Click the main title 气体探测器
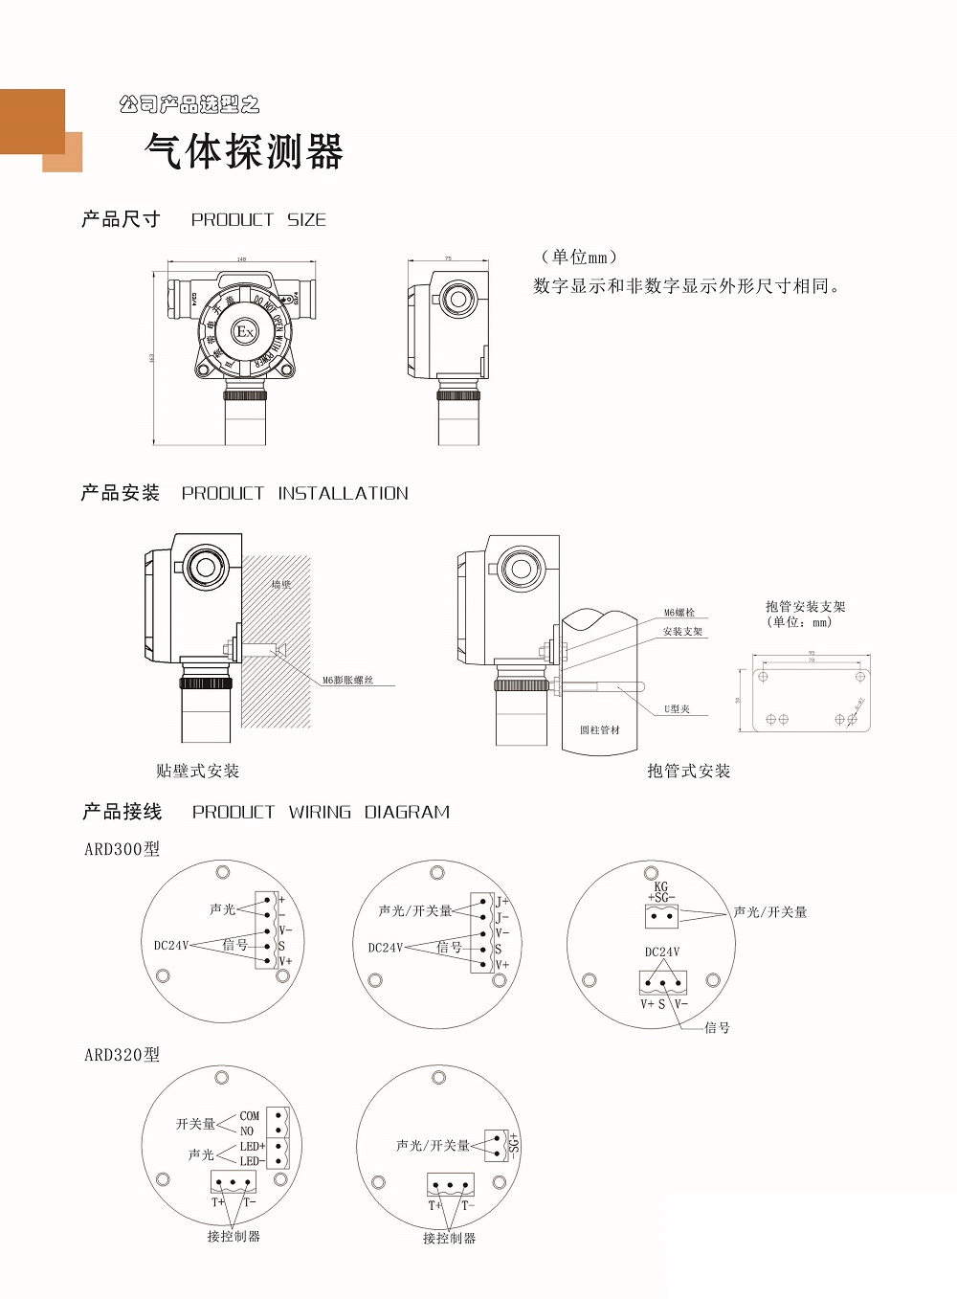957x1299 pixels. [x=244, y=151]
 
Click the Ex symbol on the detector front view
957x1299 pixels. [x=245, y=332]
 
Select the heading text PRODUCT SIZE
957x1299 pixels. [x=258, y=219]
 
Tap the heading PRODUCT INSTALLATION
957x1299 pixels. [x=295, y=493]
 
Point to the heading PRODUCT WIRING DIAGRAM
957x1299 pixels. [x=321, y=812]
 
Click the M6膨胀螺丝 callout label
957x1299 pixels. [x=347, y=680]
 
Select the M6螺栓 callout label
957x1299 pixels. [x=679, y=613]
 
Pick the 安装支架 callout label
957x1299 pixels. [x=682, y=632]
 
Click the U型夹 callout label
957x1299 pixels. [x=677, y=709]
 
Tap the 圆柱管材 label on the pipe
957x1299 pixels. [x=600, y=729]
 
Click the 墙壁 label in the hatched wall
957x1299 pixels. [x=280, y=584]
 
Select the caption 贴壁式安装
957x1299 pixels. [x=197, y=771]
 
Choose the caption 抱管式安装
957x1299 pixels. [x=688, y=771]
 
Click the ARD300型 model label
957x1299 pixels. [x=122, y=849]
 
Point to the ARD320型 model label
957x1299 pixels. [x=122, y=1055]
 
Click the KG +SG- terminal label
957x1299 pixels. [x=661, y=892]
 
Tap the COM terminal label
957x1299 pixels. [x=250, y=1116]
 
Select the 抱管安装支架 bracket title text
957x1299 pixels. [x=805, y=607]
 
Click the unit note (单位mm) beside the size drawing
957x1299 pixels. [x=578, y=257]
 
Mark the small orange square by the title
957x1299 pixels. [x=62, y=153]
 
